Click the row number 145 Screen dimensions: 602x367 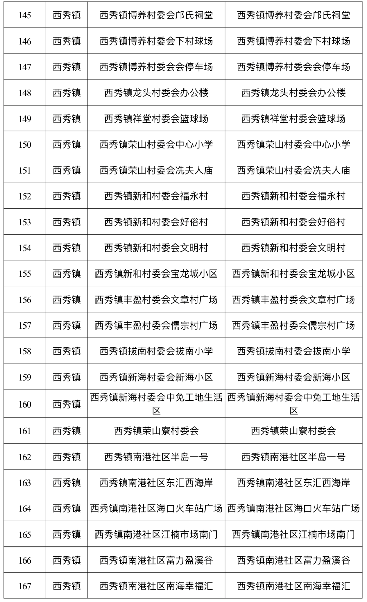[x=25, y=15]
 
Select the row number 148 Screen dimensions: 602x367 [x=25, y=93]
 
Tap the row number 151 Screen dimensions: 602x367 [x=25, y=171]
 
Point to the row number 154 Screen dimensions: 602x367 [x=25, y=248]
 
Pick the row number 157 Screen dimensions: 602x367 [x=25, y=326]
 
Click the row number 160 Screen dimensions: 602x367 [x=25, y=405]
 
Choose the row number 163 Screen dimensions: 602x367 [x=25, y=483]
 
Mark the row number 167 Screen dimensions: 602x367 [x=25, y=586]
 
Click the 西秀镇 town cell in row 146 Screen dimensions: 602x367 [x=67, y=41]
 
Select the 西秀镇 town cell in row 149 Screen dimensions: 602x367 [x=67, y=119]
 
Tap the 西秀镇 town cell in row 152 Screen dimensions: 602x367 [x=67, y=196]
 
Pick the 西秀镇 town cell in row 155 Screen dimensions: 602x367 [x=67, y=274]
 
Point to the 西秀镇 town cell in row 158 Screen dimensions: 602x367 [x=67, y=351]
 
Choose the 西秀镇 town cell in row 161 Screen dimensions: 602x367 [x=67, y=431]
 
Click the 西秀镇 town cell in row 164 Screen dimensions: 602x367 [x=67, y=509]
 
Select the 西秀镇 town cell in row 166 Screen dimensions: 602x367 [x=67, y=560]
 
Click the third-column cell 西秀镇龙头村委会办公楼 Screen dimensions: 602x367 [x=156, y=93]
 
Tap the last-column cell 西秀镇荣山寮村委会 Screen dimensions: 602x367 [x=293, y=431]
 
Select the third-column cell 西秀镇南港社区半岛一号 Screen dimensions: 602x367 [x=156, y=457]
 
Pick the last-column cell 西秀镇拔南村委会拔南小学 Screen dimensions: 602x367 [x=293, y=351]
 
